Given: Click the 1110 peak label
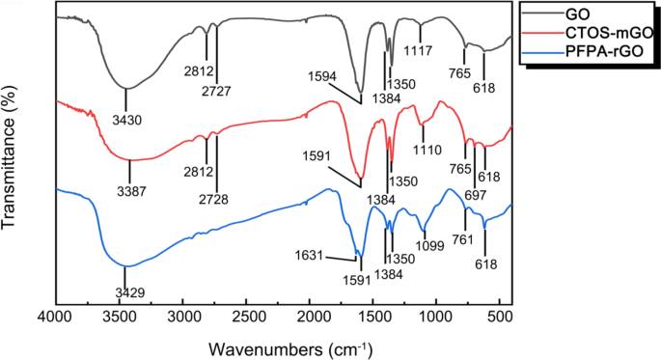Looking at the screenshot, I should click(x=425, y=152).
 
